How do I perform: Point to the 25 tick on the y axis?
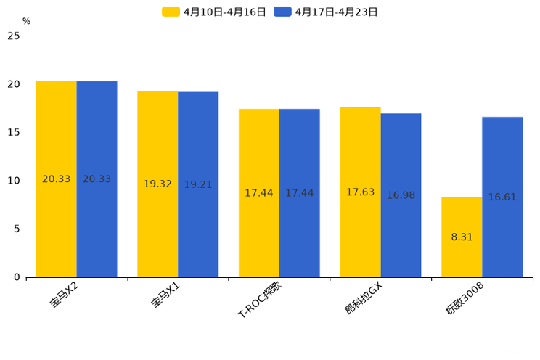[13, 36]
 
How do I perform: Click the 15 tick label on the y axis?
[13, 133]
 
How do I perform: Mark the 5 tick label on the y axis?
[16, 229]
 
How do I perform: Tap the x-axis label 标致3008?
[465, 299]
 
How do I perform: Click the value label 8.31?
[462, 237]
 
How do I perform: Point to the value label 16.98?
[401, 195]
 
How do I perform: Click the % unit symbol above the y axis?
[26, 22]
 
